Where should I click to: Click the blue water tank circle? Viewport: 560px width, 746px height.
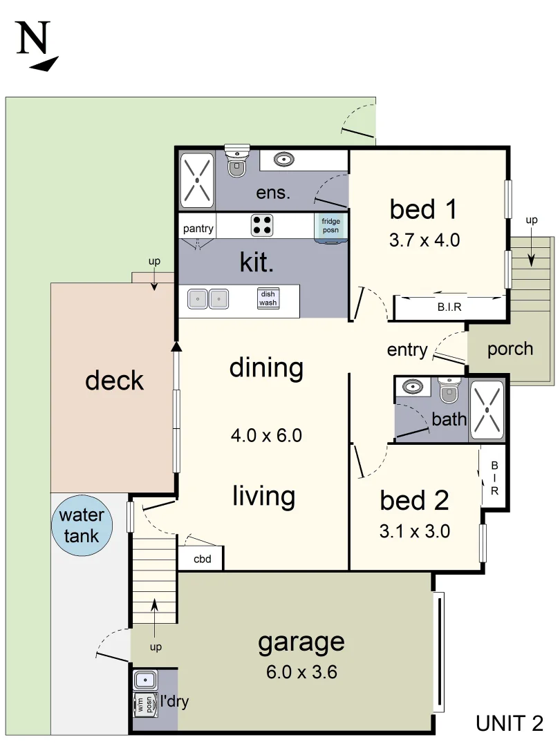click(x=82, y=525)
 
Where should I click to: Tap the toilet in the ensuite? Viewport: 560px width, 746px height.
click(x=236, y=161)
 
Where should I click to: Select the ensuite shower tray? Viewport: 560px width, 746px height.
click(x=197, y=180)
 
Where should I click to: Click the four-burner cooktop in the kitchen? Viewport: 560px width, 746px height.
click(x=262, y=225)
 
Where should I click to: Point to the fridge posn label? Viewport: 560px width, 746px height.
click(x=330, y=225)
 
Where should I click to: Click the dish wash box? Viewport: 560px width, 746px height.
click(x=268, y=298)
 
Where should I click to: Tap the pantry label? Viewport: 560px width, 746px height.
click(x=198, y=229)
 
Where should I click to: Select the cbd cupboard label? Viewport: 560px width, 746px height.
click(x=203, y=559)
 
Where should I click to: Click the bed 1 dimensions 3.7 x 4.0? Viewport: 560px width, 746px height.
click(x=424, y=240)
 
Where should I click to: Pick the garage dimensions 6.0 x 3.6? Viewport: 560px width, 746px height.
click(x=301, y=672)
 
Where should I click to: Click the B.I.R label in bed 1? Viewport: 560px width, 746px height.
click(x=449, y=307)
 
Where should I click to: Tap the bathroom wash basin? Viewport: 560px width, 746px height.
click(x=412, y=386)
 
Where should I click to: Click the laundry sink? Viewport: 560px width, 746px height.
click(x=145, y=680)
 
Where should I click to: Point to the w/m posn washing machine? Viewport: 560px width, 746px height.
click(x=145, y=704)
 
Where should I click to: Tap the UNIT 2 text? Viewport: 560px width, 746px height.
click(x=510, y=724)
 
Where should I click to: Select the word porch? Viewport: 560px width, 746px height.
click(x=510, y=350)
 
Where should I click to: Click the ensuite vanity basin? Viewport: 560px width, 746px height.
click(x=284, y=160)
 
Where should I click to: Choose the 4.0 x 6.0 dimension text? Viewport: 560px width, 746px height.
click(x=266, y=435)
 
